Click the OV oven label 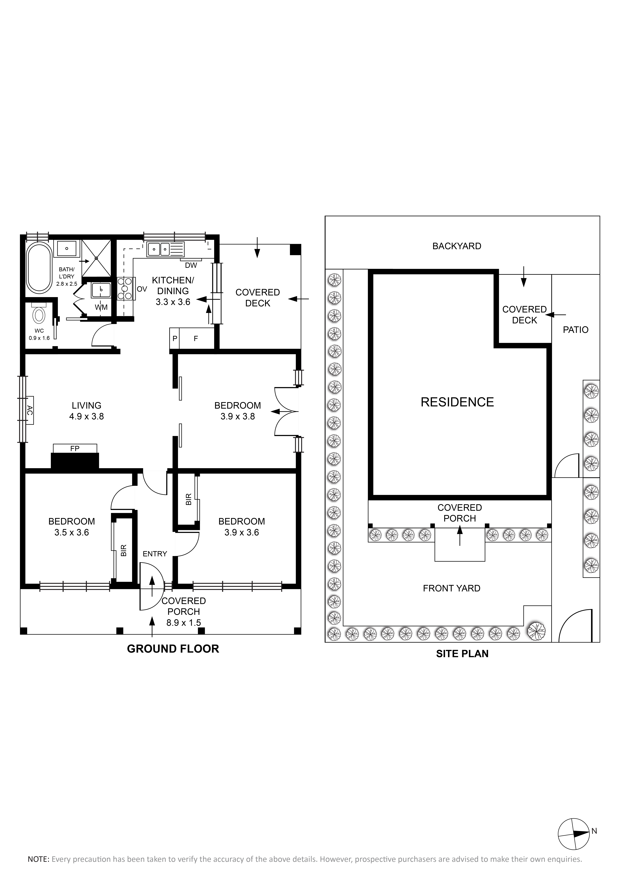pos(142,289)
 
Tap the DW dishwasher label pos(191,265)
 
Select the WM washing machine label pos(101,307)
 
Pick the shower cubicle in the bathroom pos(96,258)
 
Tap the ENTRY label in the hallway pos(155,554)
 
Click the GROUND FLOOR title pos(173,649)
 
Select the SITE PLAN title pos(462,654)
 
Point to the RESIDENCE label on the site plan pos(457,402)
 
